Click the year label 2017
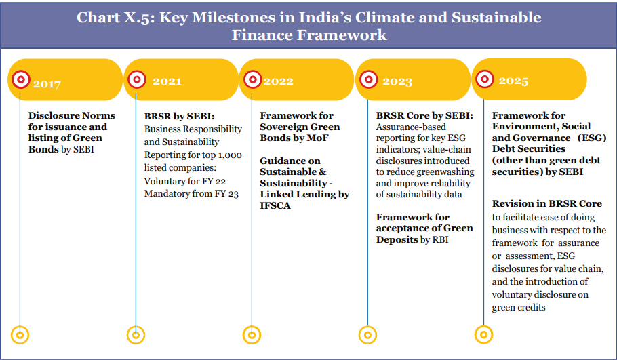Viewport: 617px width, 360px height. tap(47, 84)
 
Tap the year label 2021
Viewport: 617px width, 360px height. tap(167, 81)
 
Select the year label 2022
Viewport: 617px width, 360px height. tap(278, 81)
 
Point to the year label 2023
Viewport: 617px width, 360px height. tap(397, 81)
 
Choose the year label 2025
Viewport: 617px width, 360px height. tap(513, 81)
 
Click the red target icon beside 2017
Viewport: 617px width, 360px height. tap(21, 80)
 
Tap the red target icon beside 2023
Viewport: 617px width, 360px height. tap(369, 80)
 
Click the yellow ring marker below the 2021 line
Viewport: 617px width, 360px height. tap(136, 335)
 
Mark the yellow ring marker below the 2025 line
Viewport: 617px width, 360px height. tap(483, 335)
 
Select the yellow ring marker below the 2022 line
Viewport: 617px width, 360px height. tap(252, 335)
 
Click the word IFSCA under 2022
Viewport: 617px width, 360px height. tap(275, 205)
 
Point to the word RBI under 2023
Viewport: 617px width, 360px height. tap(440, 239)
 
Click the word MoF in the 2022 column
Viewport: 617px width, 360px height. tap(319, 138)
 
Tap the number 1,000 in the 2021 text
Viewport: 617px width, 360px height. tap(230, 155)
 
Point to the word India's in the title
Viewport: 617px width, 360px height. tap(323, 18)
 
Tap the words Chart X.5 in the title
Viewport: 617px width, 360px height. tap(113, 18)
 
